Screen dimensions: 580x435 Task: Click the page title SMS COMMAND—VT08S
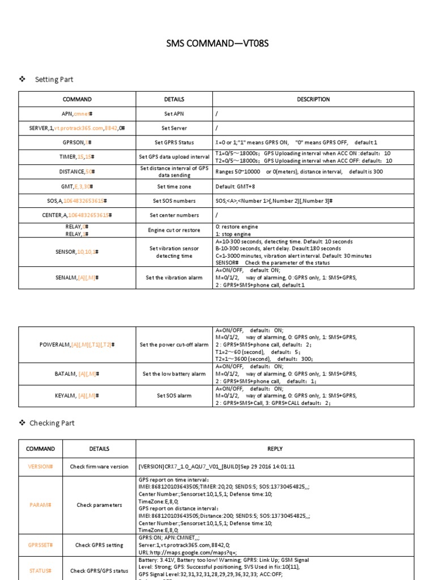[217, 44]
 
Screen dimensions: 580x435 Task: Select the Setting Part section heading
[54, 79]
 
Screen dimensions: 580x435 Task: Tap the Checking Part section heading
[52, 423]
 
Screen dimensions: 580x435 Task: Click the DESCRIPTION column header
[313, 99]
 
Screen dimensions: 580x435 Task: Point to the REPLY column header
[275, 449]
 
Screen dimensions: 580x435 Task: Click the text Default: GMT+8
[238, 186]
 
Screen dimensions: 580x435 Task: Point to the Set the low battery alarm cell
[174, 374]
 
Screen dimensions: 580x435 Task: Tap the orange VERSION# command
[40, 467]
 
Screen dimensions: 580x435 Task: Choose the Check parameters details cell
[99, 505]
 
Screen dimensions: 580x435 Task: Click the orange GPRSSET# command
[40, 545]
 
